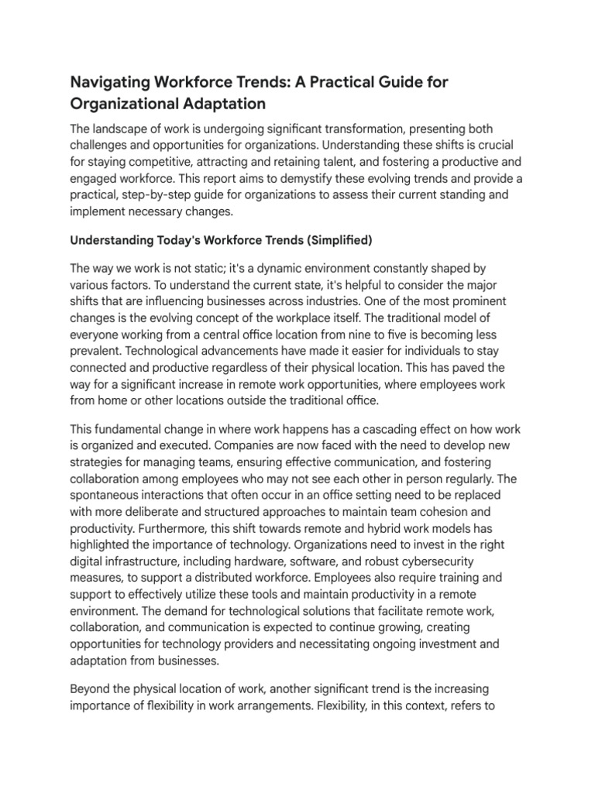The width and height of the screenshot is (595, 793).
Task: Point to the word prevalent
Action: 97,351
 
